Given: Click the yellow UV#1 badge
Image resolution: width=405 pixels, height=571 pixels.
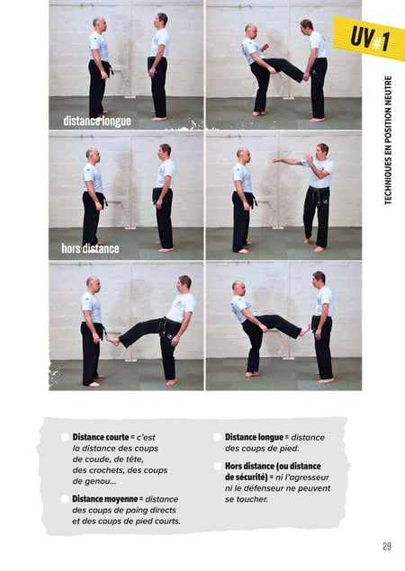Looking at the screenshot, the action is (369, 38).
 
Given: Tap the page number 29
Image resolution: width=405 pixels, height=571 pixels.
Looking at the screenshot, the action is (387, 546).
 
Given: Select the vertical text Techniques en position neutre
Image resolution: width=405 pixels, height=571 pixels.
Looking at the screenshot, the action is (388, 140).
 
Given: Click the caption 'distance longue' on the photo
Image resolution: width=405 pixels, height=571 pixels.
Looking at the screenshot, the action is (97, 120).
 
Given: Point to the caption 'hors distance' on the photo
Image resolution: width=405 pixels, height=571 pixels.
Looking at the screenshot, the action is (90, 248).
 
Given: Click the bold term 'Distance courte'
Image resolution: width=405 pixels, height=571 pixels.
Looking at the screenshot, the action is (101, 437).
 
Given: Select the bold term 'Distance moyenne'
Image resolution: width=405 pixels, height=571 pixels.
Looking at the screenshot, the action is (105, 498).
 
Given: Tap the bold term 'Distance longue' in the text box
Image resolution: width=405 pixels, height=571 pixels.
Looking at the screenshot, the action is (254, 437).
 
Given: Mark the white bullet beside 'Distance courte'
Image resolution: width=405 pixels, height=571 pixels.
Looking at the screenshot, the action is (65, 437).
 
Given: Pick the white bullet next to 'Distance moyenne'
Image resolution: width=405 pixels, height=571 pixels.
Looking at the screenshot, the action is (65, 498).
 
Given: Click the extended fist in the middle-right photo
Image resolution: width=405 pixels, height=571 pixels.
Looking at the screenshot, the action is (275, 159).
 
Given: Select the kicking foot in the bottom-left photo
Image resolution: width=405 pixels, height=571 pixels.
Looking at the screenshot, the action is (113, 341).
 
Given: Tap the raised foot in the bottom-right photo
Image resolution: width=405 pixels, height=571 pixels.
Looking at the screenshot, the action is (304, 330).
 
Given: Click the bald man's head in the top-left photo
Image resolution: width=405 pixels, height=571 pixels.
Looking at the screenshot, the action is (100, 23).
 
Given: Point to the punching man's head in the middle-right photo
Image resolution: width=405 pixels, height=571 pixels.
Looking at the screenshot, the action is (322, 151).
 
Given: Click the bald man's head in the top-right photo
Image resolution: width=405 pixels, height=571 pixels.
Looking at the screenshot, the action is (250, 31).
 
